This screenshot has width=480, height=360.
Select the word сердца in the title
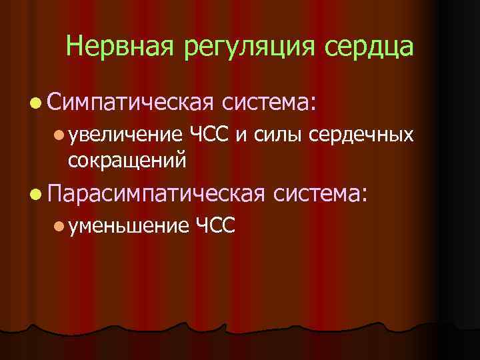(370, 47)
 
